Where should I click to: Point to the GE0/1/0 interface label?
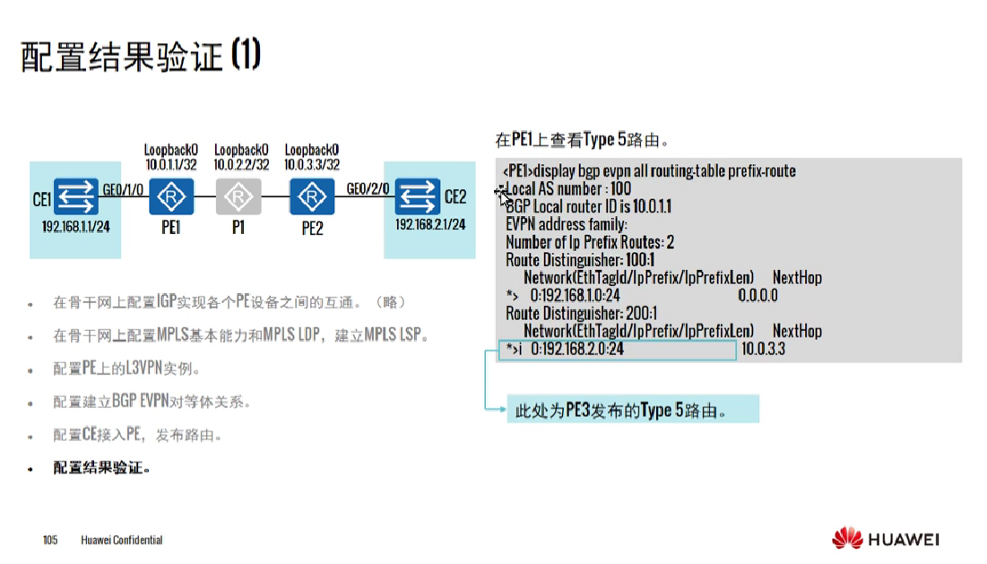point(124,190)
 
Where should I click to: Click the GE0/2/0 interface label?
point(368,190)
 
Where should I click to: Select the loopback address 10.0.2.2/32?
point(240,165)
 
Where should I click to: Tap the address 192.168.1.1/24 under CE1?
point(75,225)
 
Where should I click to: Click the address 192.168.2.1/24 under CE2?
point(430,224)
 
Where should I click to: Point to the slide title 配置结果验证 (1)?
point(141,56)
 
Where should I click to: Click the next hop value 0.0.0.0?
point(758,295)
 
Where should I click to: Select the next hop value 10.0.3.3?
point(763,348)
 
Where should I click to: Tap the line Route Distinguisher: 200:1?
point(581,313)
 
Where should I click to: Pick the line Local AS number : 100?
point(568,188)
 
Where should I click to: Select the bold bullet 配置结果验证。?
point(101,467)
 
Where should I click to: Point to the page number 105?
point(50,540)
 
